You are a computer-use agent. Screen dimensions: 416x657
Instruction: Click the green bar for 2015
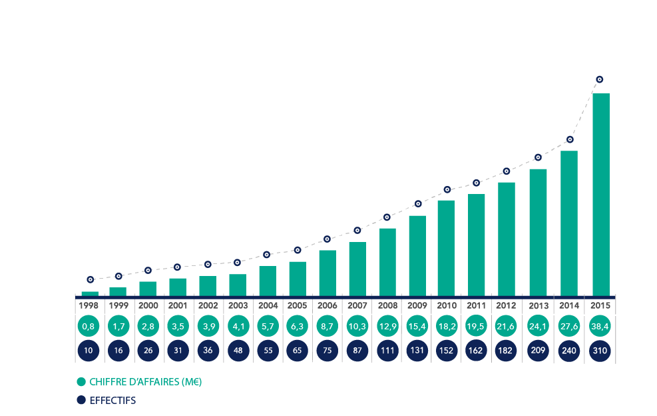click(601, 194)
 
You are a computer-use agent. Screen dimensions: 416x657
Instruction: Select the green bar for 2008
click(387, 261)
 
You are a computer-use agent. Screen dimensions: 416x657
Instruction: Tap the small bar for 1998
click(90, 293)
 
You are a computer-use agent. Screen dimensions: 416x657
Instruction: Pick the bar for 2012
click(507, 239)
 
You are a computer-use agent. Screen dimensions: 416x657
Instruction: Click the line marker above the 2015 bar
click(600, 79)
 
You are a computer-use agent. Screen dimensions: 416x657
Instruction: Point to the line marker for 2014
click(570, 140)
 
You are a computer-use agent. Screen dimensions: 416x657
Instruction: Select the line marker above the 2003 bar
click(238, 263)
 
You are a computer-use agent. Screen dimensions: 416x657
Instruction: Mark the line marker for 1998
click(90, 279)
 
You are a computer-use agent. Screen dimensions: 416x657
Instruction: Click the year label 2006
click(327, 305)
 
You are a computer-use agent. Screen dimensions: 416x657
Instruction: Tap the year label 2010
click(447, 305)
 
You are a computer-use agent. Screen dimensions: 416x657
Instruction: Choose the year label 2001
click(178, 305)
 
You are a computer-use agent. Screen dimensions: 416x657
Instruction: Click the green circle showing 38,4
click(600, 327)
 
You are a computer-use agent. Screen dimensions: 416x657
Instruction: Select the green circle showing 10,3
click(357, 327)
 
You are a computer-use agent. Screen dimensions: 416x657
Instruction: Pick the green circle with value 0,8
click(89, 327)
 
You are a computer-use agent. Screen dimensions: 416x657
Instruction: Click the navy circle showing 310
click(600, 351)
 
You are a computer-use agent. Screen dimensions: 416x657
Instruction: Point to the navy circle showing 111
click(387, 351)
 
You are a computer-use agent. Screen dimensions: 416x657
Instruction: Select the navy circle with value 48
click(238, 351)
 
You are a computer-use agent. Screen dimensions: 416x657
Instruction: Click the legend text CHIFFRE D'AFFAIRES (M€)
click(146, 382)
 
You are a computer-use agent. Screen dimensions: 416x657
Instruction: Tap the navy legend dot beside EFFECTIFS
click(81, 400)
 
